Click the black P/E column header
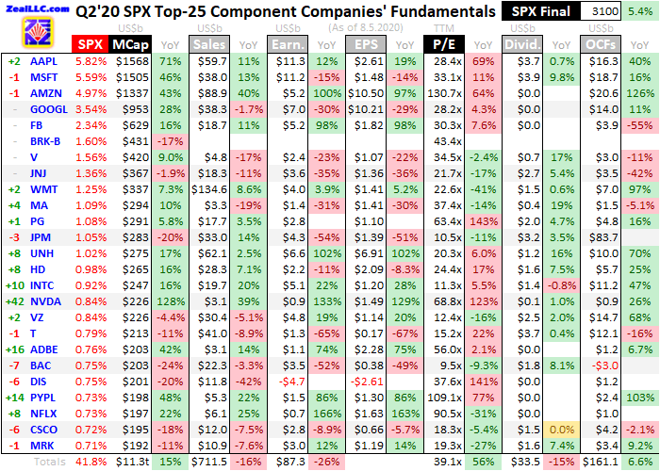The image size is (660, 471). (444, 44)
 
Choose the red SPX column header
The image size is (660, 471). (91, 44)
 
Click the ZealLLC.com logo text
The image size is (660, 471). (36, 8)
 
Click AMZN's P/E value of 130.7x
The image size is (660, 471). (443, 93)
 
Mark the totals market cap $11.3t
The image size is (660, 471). (129, 462)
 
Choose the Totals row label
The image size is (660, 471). (51, 462)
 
